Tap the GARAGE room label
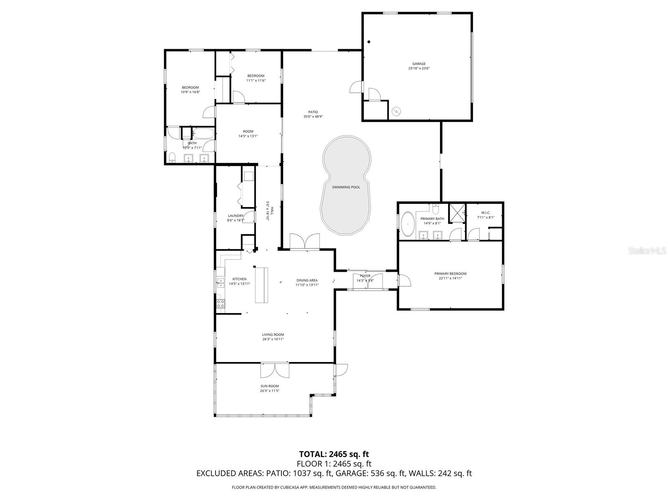click(419, 64)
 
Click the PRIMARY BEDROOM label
click(450, 274)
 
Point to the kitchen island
click(262, 285)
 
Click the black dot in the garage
click(369, 42)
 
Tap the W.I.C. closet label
click(486, 213)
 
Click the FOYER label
click(365, 276)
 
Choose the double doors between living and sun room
click(275, 370)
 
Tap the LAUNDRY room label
click(235, 216)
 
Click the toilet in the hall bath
click(172, 157)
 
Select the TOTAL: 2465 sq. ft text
click(334, 454)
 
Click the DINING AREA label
click(307, 280)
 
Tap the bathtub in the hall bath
click(204, 134)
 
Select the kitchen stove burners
click(220, 304)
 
